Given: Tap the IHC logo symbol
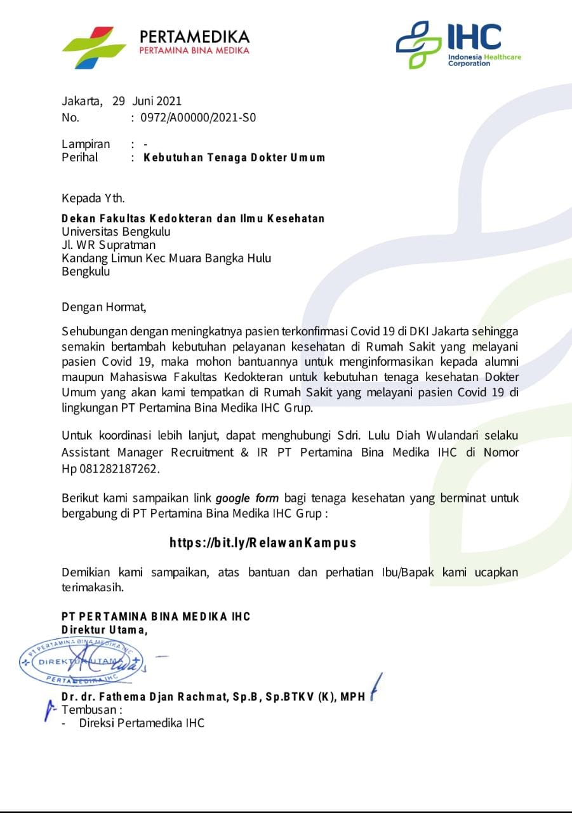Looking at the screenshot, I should (x=418, y=44).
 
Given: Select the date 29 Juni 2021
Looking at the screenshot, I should (x=147, y=100).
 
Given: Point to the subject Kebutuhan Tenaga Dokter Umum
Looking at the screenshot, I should (x=234, y=158).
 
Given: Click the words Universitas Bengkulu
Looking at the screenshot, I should (x=116, y=232).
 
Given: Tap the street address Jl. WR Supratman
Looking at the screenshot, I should (x=109, y=245).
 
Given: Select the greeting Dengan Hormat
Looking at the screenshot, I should (x=103, y=307).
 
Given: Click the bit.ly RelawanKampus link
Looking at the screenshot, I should (x=263, y=542).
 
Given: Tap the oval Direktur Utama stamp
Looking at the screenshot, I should (x=81, y=662).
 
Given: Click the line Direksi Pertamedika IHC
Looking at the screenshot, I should (x=142, y=723).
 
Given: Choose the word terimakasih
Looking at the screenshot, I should (x=93, y=587).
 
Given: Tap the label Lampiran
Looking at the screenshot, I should (x=86, y=144).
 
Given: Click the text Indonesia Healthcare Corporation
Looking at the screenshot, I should (x=484, y=60).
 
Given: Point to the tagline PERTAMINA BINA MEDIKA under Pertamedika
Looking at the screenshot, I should (x=194, y=50).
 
